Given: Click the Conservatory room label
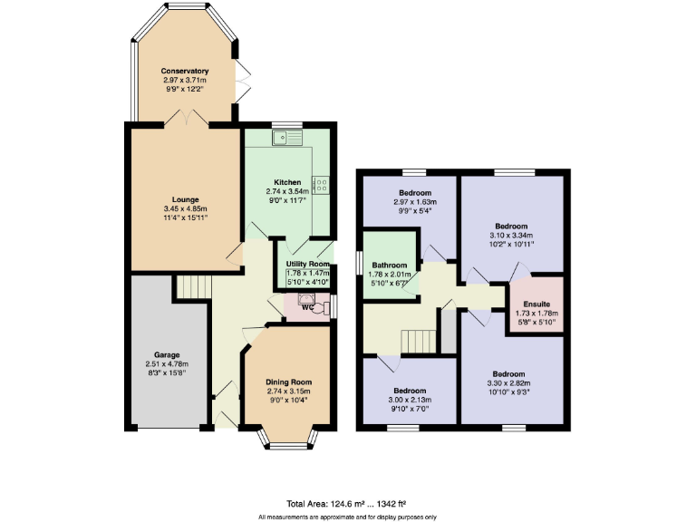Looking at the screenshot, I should tap(185, 71).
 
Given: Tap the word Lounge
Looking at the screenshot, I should tap(185, 199).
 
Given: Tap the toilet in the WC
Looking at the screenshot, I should tap(311, 305).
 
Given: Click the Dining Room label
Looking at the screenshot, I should tap(288, 382).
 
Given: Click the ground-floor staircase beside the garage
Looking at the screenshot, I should tap(192, 287).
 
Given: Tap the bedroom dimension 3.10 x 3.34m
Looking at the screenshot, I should tap(511, 235).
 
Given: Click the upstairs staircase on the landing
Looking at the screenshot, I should tap(419, 341).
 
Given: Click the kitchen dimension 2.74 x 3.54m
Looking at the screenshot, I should tap(287, 191).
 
